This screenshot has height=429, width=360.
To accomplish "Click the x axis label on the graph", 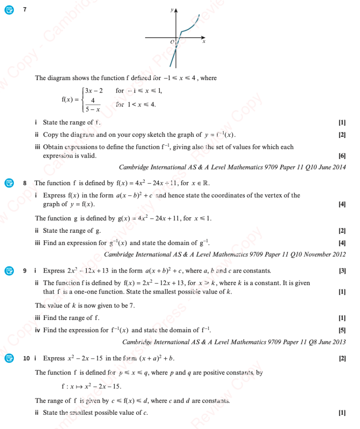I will click(204, 42).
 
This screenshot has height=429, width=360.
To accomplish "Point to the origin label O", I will click(172, 42).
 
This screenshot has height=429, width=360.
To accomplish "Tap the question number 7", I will click(25, 9).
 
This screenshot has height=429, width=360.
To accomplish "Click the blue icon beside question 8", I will click(9, 183).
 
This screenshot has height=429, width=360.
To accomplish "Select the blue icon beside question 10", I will click(9, 358).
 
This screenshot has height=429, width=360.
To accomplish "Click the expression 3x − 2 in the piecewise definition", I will click(94, 91).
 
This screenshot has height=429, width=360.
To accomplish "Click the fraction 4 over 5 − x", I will click(93, 104).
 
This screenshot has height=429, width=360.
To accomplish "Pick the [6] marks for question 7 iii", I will click(342, 156).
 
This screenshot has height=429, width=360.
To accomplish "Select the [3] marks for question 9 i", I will click(342, 270).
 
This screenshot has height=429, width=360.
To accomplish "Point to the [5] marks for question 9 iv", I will click(342, 330).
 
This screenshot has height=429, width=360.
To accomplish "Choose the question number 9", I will click(25, 270).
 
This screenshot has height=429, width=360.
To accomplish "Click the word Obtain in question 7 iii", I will click(52, 147).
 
